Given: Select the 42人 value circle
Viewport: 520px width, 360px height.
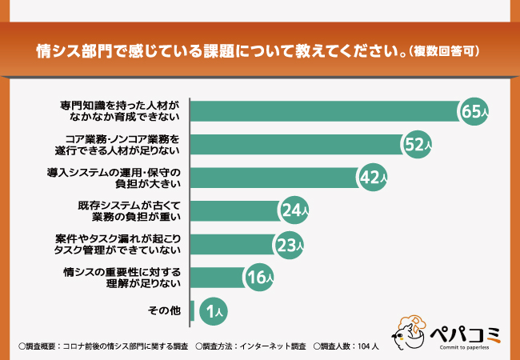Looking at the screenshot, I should [371, 178].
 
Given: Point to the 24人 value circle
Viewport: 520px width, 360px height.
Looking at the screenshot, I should [293, 210].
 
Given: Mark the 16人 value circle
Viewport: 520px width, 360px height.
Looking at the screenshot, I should [259, 278].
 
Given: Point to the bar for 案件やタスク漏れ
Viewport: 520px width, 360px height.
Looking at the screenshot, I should [232, 244].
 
